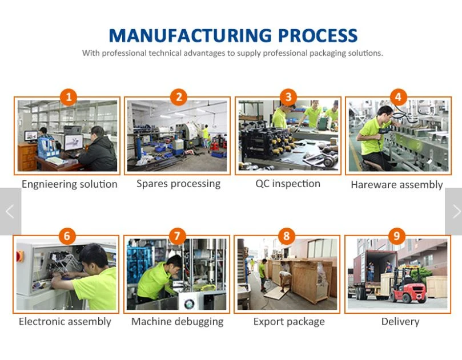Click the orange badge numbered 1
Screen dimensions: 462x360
[69, 97]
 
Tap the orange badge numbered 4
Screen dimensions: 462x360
[399, 97]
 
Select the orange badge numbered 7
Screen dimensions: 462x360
[177, 236]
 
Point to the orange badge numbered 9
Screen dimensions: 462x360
[396, 236]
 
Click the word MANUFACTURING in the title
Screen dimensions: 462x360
[190, 35]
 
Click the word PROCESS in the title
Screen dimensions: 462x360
[318, 35]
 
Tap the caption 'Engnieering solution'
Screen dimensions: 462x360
[70, 184]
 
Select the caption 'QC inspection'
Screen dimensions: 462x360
[288, 184]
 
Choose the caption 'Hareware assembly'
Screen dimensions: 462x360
[397, 185]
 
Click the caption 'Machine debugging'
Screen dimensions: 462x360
[178, 322]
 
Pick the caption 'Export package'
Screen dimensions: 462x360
[289, 322]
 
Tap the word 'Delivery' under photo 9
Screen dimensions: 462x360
[400, 322]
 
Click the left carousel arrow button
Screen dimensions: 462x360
[11, 211]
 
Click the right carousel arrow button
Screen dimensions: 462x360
[453, 211]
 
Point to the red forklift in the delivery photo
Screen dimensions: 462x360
[408, 285]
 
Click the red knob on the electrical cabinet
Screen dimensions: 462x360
[20, 256]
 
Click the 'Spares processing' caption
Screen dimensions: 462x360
[179, 184]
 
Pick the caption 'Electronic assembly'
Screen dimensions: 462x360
[65, 321]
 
